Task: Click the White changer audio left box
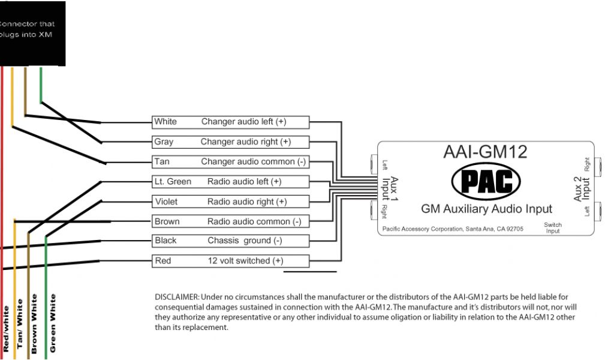click(x=230, y=122)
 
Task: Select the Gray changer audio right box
click(x=230, y=142)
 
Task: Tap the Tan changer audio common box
click(x=230, y=162)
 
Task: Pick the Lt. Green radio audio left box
click(x=230, y=182)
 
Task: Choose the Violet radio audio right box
click(x=230, y=202)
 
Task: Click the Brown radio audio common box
click(x=230, y=221)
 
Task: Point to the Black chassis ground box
click(x=230, y=241)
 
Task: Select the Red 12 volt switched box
click(x=230, y=261)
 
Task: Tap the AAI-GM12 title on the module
click(x=485, y=151)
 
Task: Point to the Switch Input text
click(x=553, y=228)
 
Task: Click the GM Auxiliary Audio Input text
click(x=486, y=209)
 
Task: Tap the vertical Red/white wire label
click(x=6, y=328)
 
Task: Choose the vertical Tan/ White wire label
click(x=20, y=324)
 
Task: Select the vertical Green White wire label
click(x=53, y=323)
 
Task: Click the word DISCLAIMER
click(x=177, y=297)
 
